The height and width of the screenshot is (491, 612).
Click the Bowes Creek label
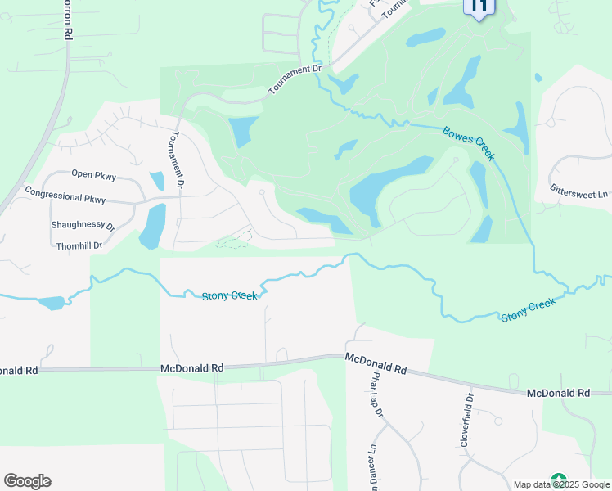tap(469, 143)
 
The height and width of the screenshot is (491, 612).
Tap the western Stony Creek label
tap(230, 295)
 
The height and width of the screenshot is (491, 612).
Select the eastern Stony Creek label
tap(528, 309)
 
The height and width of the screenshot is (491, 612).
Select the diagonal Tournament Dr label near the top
tap(295, 80)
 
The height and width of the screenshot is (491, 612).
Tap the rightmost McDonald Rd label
tap(559, 393)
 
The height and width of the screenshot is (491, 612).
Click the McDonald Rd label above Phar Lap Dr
tap(376, 363)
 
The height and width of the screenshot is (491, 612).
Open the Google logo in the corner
tap(27, 481)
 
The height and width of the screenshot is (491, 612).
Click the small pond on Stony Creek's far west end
tap(51, 303)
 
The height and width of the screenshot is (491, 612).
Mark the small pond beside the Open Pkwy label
tap(156, 180)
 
